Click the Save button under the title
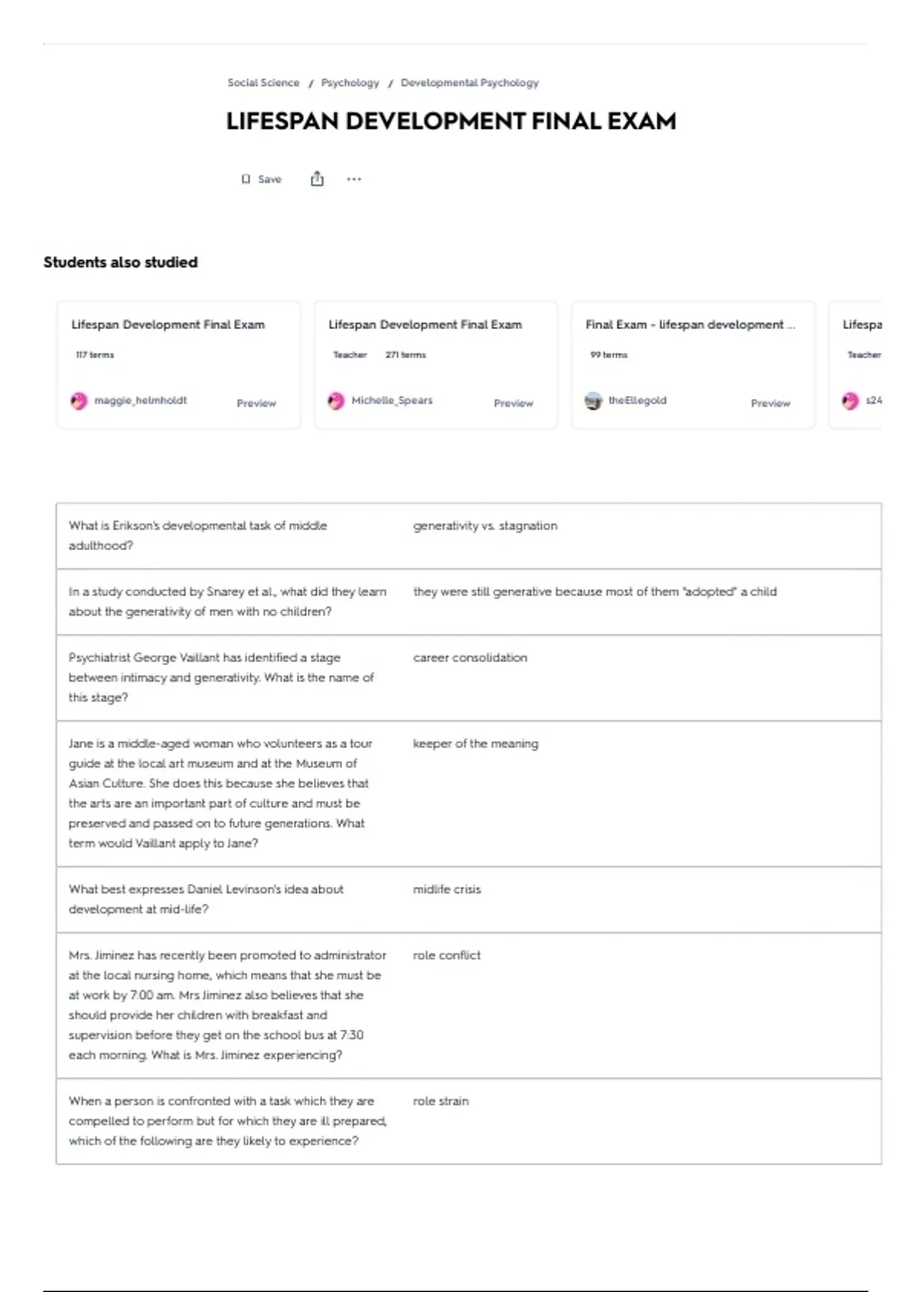(x=262, y=179)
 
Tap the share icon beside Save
(x=317, y=179)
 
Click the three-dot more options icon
(x=354, y=179)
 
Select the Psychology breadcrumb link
(x=350, y=83)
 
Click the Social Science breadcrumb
(x=263, y=83)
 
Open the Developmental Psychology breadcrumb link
(x=470, y=83)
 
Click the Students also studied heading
(x=120, y=262)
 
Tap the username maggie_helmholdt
(x=141, y=401)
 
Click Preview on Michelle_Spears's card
(x=514, y=404)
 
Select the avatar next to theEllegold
(x=593, y=401)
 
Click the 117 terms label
(x=95, y=355)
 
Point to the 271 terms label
(x=406, y=355)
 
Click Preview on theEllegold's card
(x=771, y=404)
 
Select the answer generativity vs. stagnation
(x=485, y=526)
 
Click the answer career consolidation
(x=470, y=658)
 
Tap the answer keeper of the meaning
(x=475, y=744)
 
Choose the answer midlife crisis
(x=447, y=889)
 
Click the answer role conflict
(x=447, y=955)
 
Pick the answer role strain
(x=441, y=1101)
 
